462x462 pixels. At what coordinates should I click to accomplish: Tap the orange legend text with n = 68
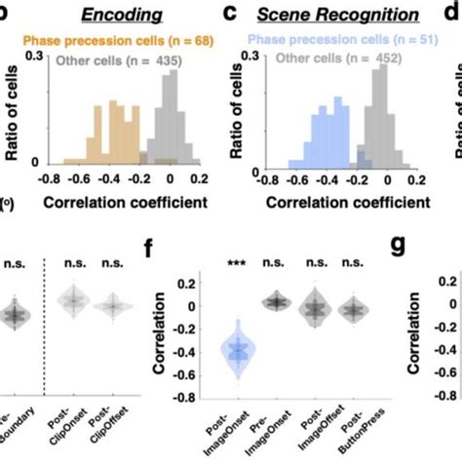108,42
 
